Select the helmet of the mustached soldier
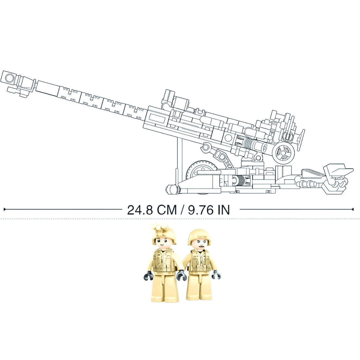(198, 235)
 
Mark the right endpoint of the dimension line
(353, 208)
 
